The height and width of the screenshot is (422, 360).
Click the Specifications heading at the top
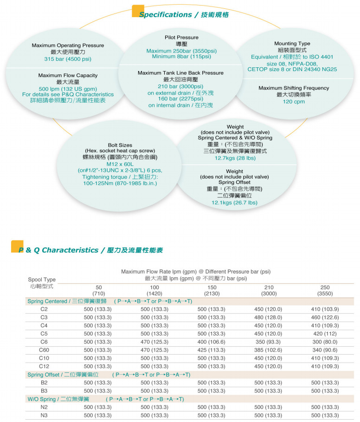[184, 15]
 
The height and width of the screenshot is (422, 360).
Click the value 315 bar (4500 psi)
[68, 59]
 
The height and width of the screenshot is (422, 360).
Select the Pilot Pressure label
[181, 37]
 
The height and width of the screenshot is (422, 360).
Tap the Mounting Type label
[292, 44]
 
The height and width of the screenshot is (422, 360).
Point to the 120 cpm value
[294, 101]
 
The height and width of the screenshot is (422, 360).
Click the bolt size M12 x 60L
[120, 164]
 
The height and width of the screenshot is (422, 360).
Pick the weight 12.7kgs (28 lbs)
[235, 158]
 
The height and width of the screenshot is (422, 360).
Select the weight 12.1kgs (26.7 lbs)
[234, 202]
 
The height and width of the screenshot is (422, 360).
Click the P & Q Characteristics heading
[91, 250]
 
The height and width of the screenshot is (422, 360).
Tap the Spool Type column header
[42, 280]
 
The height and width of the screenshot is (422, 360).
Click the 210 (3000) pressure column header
[269, 291]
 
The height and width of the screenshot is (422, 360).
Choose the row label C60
[44, 350]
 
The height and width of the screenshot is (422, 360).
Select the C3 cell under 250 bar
[325, 318]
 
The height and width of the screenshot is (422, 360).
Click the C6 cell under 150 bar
[212, 342]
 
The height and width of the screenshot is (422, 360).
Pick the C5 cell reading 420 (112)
[325, 334]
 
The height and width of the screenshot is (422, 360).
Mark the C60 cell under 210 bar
[269, 350]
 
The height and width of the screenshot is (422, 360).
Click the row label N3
[44, 415]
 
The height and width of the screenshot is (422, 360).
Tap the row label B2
[44, 383]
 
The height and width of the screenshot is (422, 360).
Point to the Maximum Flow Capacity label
[68, 75]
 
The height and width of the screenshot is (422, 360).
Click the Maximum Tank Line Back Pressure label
[180, 73]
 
